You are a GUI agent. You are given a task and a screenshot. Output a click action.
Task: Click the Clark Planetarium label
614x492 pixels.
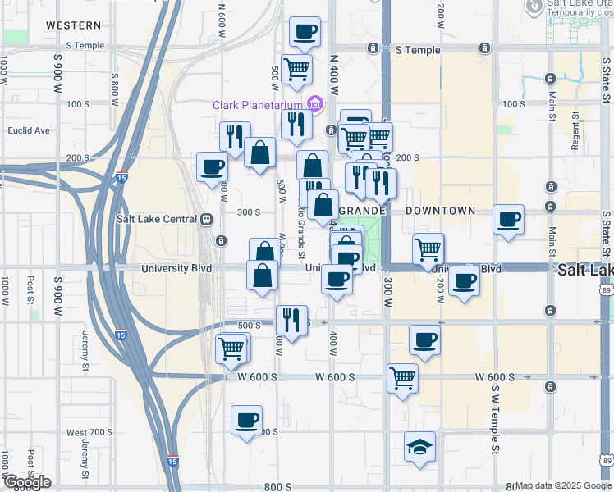257,105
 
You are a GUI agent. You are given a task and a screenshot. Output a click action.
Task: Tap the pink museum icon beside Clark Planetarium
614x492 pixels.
314,104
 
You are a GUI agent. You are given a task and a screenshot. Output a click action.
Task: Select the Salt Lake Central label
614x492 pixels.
157,219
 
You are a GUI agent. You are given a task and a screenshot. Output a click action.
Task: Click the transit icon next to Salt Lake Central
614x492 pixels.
206,219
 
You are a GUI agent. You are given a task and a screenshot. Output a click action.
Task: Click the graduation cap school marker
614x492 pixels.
419,447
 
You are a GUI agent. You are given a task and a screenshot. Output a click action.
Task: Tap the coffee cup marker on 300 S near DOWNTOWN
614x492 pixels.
508,219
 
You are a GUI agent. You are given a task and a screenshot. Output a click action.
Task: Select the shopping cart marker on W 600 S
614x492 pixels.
402,378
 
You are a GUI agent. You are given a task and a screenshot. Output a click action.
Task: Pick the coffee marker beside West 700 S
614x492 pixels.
246,421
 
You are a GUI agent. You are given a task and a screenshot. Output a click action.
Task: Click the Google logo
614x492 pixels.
27,482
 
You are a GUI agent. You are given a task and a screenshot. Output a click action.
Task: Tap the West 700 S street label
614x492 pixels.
89,432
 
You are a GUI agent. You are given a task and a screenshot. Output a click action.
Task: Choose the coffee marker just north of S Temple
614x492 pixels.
305,33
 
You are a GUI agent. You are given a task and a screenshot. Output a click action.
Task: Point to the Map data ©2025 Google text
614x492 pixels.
563,485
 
